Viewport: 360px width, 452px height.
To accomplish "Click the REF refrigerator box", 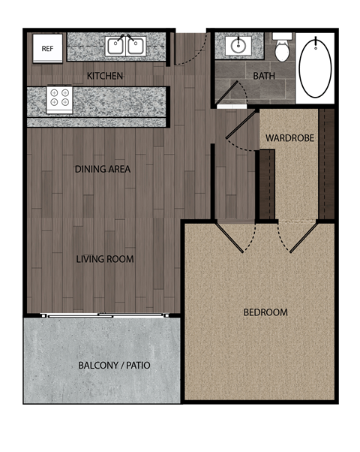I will (47, 49).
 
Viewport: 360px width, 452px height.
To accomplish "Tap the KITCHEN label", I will (105, 76).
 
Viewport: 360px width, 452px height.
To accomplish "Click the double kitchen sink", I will (125, 47).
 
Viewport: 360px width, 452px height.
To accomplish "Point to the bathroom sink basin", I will (237, 47).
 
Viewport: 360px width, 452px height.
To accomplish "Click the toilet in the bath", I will (282, 49).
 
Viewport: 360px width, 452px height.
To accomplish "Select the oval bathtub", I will (315, 66).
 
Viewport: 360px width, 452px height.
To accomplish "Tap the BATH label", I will (264, 76).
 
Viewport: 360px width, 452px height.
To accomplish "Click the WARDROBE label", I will (289, 138).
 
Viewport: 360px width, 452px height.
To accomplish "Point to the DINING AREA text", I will (103, 169).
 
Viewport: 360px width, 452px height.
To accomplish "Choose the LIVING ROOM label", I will (105, 259).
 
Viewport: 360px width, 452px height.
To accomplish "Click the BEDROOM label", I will (265, 312).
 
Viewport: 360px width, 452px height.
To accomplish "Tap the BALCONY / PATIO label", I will (115, 366).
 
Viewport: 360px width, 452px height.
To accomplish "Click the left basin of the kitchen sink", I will (116, 47).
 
